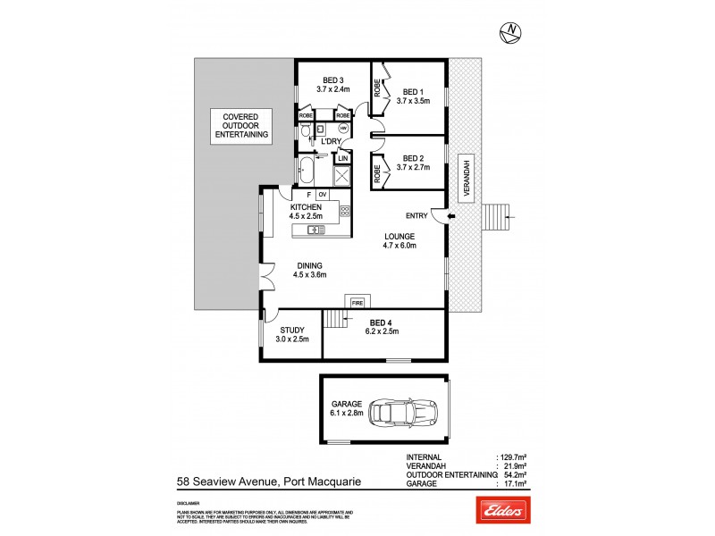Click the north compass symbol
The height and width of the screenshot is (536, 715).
click(510, 33)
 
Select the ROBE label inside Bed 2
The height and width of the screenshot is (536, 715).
click(378, 172)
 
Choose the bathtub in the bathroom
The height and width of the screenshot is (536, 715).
click(314, 168)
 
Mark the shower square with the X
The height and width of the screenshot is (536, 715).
click(342, 176)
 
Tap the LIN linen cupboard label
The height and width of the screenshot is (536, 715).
click(342, 158)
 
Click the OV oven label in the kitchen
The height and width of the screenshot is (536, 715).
click(323, 195)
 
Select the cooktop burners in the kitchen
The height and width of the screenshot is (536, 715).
click(344, 213)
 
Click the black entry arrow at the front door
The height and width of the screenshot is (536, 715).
click(450, 216)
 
